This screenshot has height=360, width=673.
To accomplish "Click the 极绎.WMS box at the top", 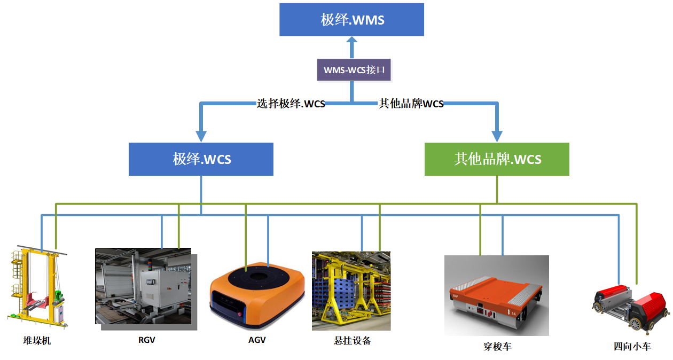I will [x=351, y=20].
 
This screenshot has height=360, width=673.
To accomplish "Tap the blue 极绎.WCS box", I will [x=201, y=159].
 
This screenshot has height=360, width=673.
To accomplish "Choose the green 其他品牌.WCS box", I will [x=497, y=159].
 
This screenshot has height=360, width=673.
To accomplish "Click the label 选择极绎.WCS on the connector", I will [x=291, y=104].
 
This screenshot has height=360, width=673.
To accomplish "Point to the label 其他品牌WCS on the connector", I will [x=411, y=104].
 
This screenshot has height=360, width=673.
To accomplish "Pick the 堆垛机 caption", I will [x=37, y=340].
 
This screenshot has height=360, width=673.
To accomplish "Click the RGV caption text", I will [x=146, y=340].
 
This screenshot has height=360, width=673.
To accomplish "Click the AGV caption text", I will [x=257, y=340].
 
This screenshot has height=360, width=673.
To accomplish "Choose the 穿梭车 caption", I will [x=497, y=347].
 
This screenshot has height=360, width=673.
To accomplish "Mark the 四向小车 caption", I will [x=632, y=347].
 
